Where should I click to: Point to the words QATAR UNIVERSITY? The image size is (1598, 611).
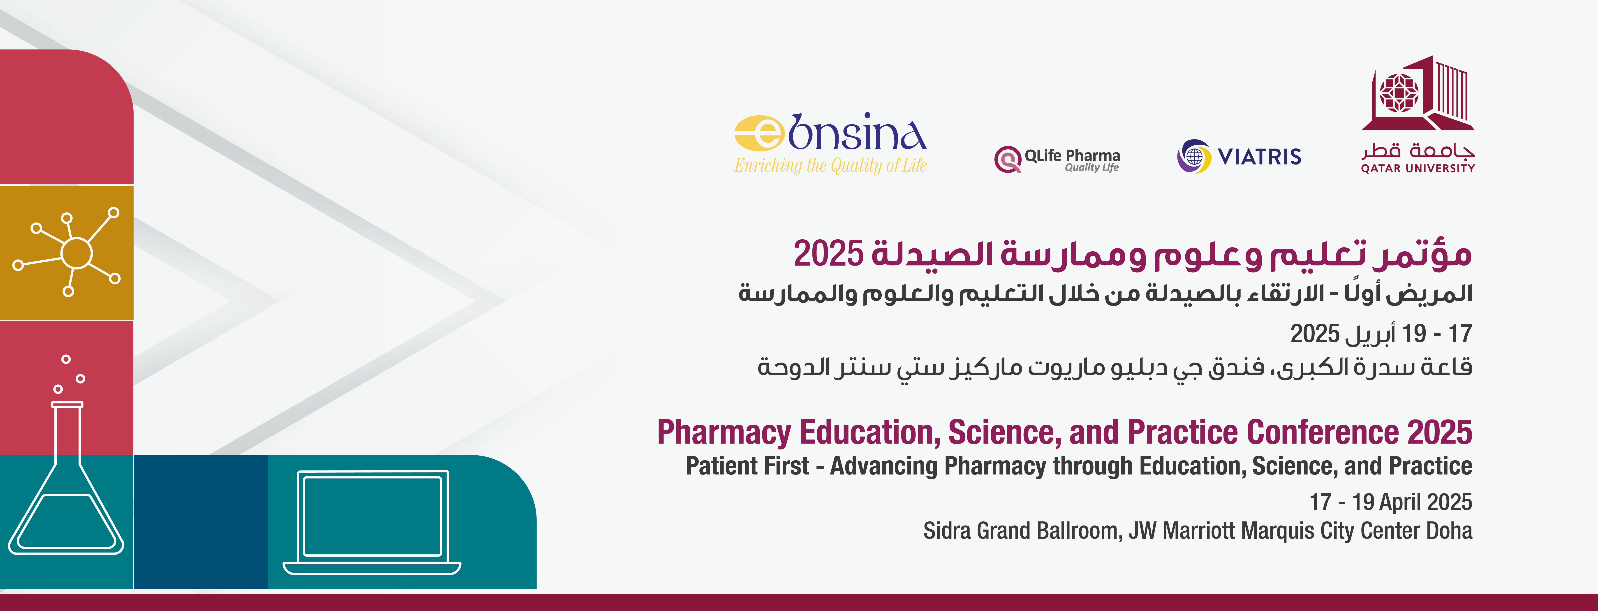1418,168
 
